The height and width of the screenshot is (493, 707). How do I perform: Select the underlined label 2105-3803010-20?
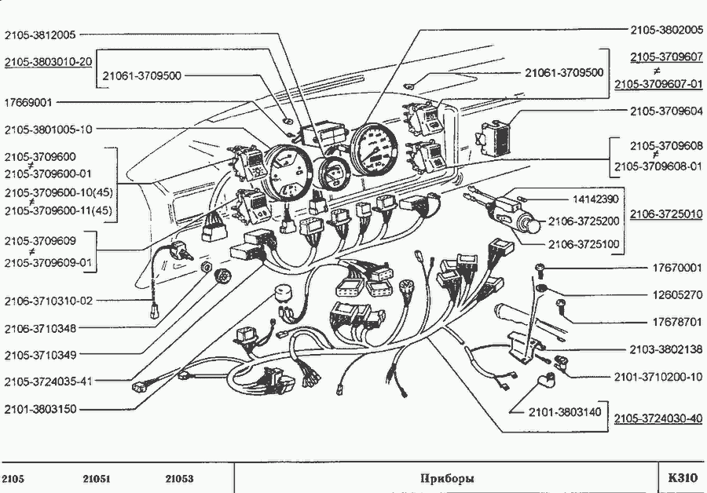(48, 61)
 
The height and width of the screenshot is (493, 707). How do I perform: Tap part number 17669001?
(28, 102)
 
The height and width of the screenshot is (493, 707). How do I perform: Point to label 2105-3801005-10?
(48, 129)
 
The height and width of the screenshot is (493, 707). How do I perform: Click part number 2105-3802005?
(666, 29)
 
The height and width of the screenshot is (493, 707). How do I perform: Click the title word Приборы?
(448, 478)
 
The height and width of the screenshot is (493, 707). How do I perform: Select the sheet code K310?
(682, 477)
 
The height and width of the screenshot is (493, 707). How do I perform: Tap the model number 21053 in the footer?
(179, 478)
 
